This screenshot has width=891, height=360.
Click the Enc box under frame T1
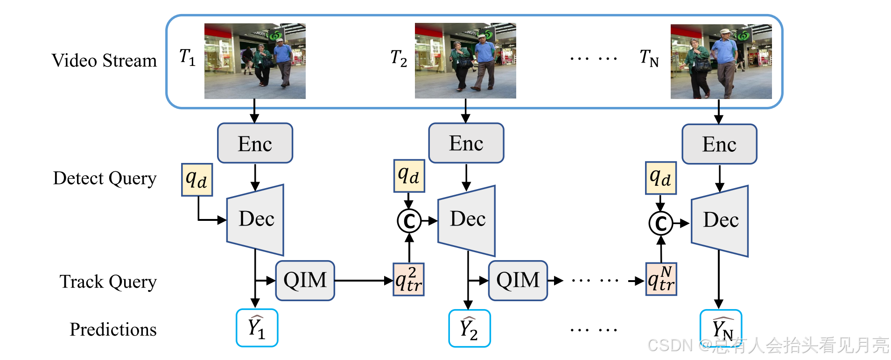pos(255,143)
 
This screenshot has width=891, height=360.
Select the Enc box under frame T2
pos(466,143)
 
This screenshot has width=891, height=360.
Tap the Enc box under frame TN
pos(719,144)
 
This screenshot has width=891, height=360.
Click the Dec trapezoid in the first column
pos(255,219)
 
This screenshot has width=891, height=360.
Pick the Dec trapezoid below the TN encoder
pos(720,220)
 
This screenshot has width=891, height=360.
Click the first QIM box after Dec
pos(305,280)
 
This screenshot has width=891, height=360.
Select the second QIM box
pos(518,280)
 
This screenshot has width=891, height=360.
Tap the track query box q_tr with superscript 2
pos(409,279)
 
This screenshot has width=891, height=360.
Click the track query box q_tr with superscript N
pos(661,279)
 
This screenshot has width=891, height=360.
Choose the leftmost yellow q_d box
pos(196,179)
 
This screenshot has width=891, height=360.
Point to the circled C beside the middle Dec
pos(409,221)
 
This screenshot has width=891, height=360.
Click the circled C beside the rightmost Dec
pos(660,223)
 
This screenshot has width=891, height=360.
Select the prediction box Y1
pos(257,328)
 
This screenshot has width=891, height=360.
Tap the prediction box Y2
pos(469,328)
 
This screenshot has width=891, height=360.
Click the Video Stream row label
pos(104,61)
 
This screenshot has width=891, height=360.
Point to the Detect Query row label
pos(105,178)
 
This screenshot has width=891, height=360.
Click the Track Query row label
pos(108,282)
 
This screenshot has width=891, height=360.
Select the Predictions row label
pos(113,330)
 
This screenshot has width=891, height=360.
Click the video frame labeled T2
pos(465,61)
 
